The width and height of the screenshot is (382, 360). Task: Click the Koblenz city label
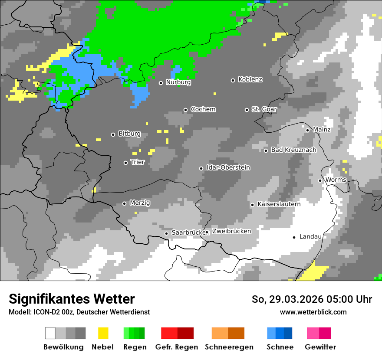(250, 80)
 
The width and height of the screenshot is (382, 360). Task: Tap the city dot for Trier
(126, 163)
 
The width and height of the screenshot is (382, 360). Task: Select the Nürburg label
(178, 82)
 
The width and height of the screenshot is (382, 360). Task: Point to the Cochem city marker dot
(185, 110)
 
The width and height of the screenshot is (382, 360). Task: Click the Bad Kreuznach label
(293, 150)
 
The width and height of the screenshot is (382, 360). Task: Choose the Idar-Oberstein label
(228, 168)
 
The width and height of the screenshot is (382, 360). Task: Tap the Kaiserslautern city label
(279, 204)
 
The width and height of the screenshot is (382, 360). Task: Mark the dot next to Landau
(294, 237)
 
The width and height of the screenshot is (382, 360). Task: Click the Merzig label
(140, 203)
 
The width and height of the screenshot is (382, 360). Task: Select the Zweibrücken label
(231, 231)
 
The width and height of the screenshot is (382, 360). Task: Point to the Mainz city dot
(307, 130)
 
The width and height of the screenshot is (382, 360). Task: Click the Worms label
(336, 180)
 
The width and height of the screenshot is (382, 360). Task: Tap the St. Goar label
(264, 109)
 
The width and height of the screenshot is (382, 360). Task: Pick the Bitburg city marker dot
(113, 134)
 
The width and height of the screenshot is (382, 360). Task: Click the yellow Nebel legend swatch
(103, 333)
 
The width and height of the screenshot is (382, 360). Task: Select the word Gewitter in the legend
(320, 347)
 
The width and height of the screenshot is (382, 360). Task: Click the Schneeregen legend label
(229, 347)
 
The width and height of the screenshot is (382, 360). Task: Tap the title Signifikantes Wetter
(72, 299)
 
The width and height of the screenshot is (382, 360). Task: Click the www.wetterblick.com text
(313, 312)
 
